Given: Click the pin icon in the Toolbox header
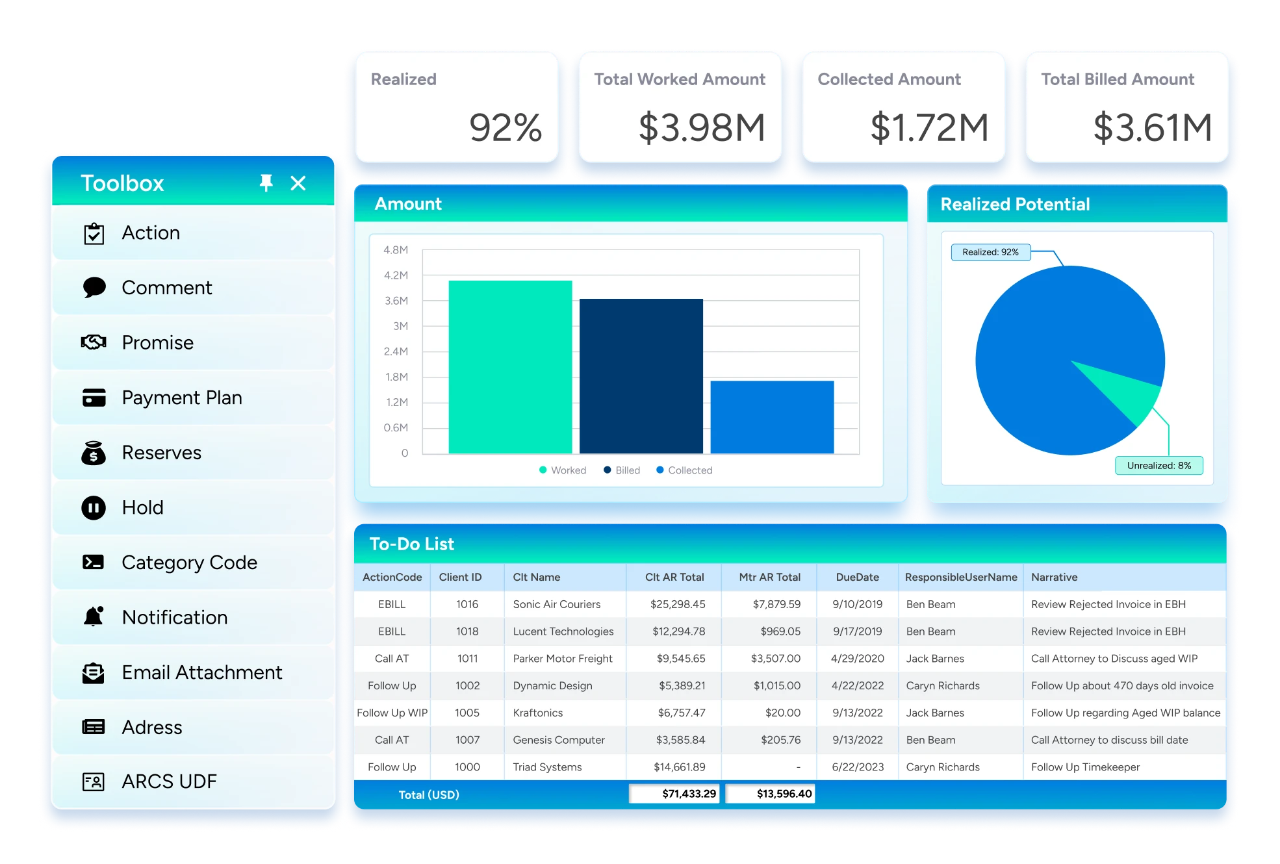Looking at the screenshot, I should point(266,183).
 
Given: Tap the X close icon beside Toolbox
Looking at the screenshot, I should point(298,183).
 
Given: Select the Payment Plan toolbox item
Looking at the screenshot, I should point(181,398).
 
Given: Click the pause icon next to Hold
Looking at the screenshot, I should point(94,507).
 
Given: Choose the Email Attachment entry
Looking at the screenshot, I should point(201,672).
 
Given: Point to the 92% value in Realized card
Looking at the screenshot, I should point(505,127).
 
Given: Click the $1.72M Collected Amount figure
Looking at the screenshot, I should point(928,127).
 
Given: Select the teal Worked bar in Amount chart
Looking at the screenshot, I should point(510,367).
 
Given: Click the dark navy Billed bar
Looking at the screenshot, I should point(641,376).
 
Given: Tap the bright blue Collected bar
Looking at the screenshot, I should point(772,417).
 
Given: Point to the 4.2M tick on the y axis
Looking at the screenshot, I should point(396,275).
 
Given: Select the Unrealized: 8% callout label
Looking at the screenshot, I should point(1158,466).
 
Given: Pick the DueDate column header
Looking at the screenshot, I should point(857,577).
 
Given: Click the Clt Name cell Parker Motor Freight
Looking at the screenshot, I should point(562,659).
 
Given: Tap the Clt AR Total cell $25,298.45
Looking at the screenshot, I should point(677,604).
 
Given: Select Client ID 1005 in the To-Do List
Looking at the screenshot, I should point(467,713).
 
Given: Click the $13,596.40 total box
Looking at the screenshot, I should point(771,794).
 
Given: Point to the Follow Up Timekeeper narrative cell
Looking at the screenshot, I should point(1085,767).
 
